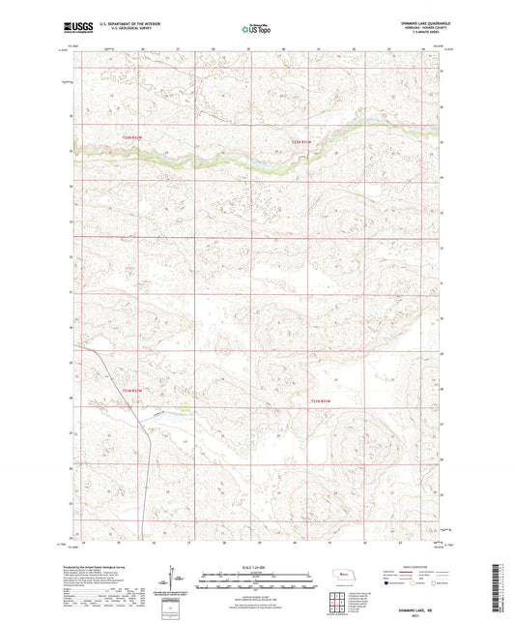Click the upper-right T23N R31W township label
(303, 142)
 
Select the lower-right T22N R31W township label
(320, 400)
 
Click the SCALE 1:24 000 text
(257, 566)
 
